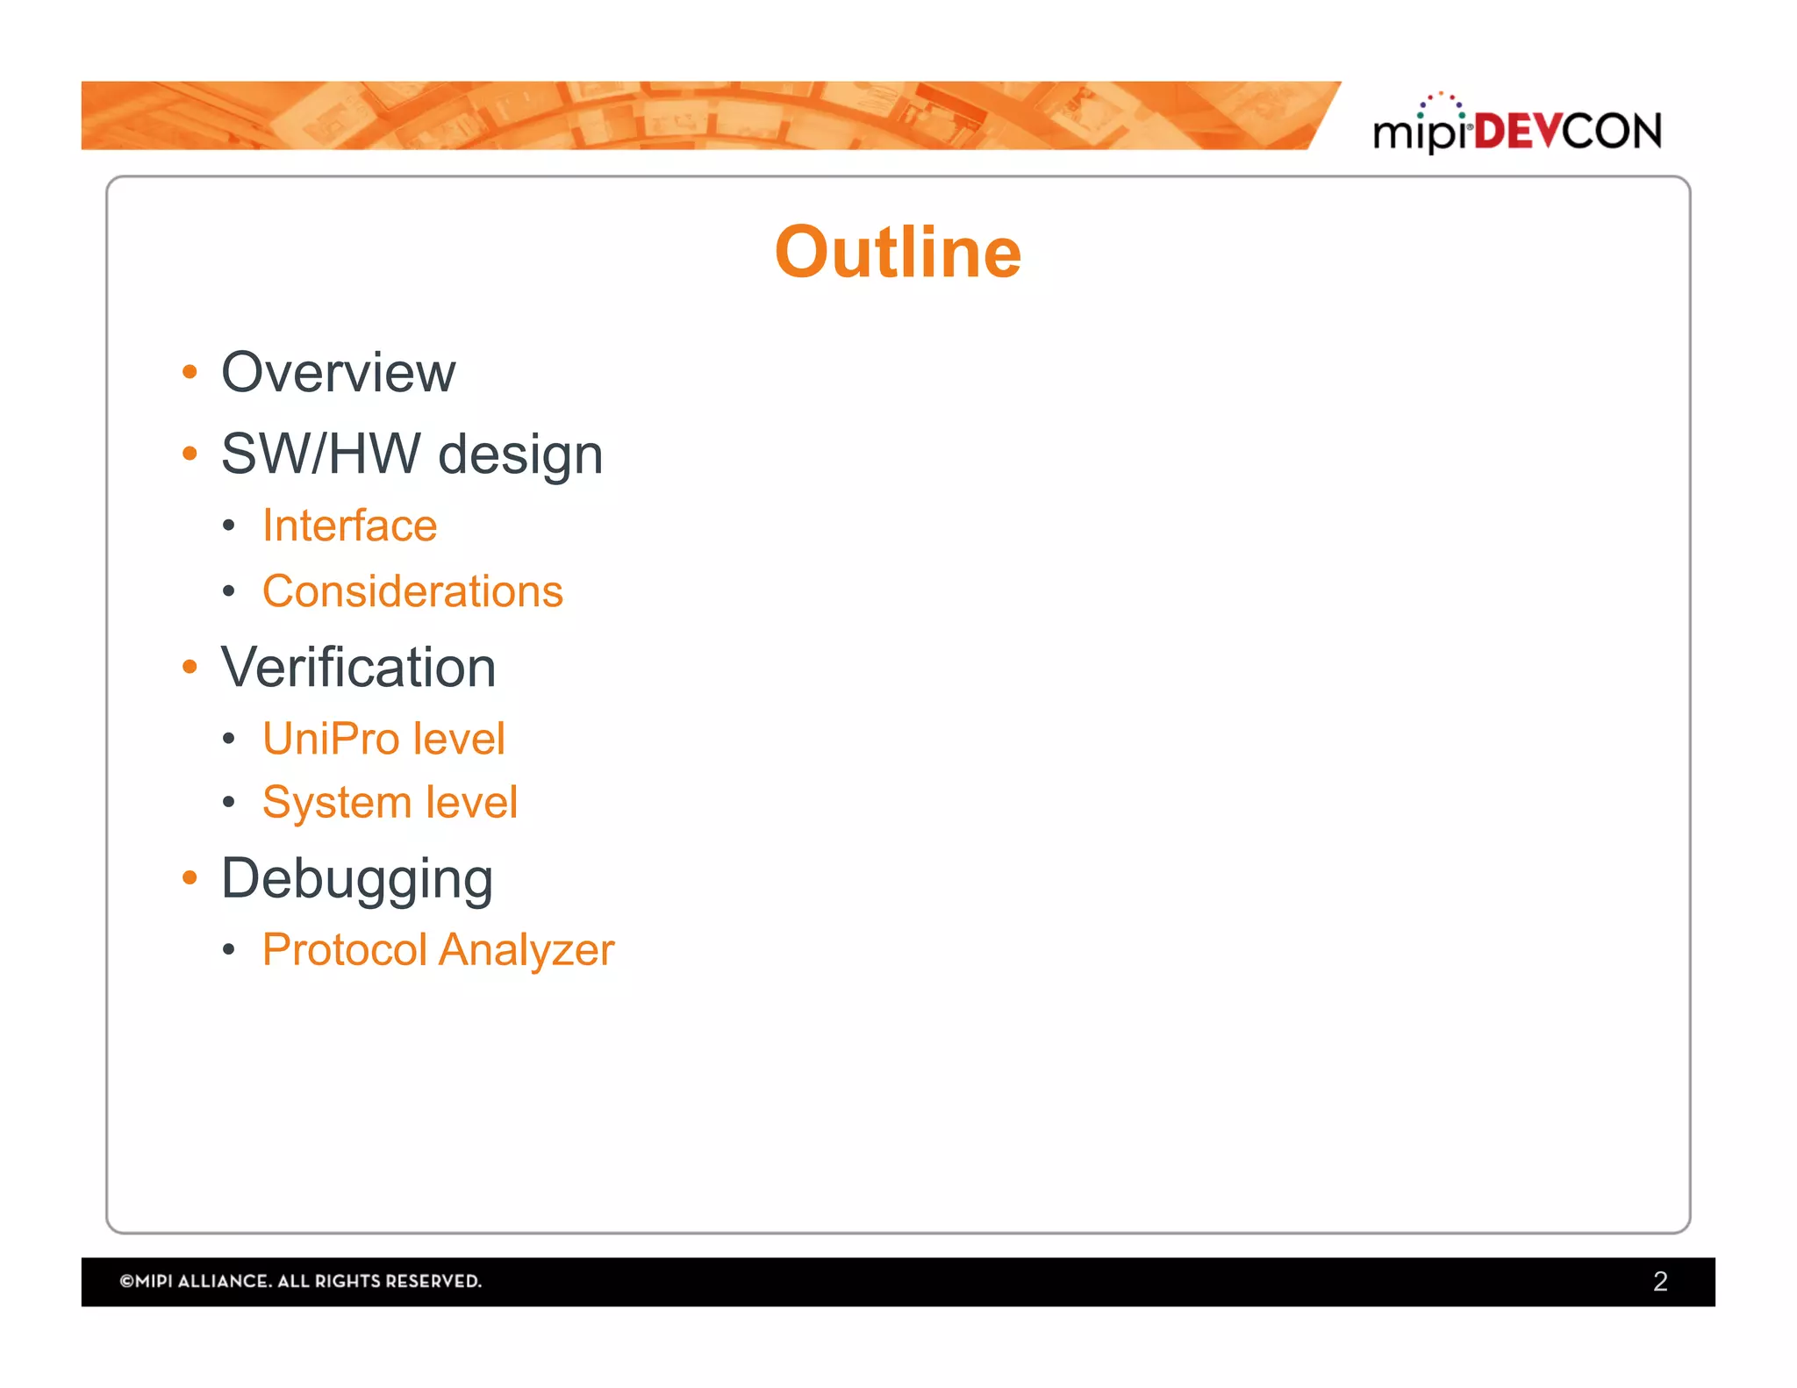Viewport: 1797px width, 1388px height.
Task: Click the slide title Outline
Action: pyautogui.click(x=898, y=253)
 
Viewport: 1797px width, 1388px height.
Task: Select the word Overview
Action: pyautogui.click(x=338, y=373)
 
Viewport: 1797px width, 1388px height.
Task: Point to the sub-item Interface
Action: pyautogui.click(x=349, y=526)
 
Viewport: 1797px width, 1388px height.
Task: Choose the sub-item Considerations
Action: pyautogui.click(x=412, y=591)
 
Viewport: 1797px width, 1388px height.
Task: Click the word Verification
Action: pyautogui.click(x=358, y=668)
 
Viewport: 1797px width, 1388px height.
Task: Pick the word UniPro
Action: pyautogui.click(x=331, y=738)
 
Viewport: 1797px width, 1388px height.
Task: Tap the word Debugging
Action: pyautogui.click(x=356, y=879)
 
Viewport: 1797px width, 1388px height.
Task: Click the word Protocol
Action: pyautogui.click(x=345, y=950)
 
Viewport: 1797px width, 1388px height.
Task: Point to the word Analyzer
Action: pyautogui.click(x=526, y=950)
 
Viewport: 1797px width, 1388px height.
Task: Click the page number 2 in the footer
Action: pyautogui.click(x=1659, y=1281)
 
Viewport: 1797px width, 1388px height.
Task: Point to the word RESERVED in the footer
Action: pyautogui.click(x=433, y=1281)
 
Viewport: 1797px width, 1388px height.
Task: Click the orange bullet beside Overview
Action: pyautogui.click(x=190, y=373)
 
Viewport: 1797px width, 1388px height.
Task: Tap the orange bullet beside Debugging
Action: pyautogui.click(x=190, y=877)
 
